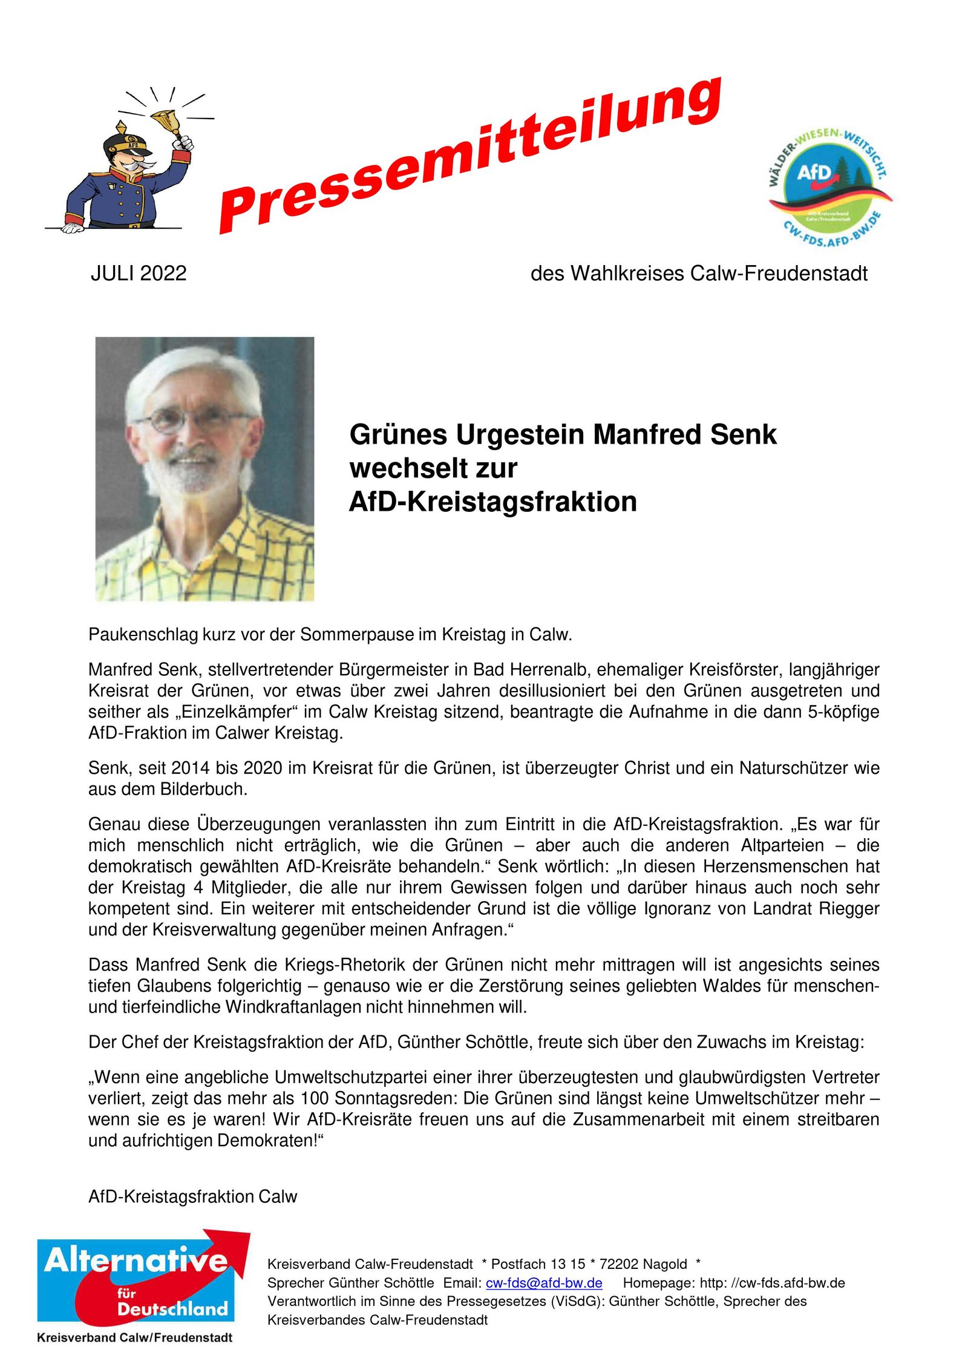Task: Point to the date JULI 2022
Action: [139, 274]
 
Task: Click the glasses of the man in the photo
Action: [194, 420]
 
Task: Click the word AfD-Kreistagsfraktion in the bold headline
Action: [492, 502]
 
